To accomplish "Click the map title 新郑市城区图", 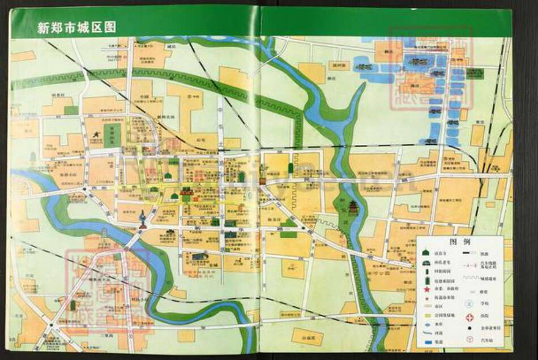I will pyautogui.click(x=76, y=27).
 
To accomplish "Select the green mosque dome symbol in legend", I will pyautogui.click(x=426, y=252).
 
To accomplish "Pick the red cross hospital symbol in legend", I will pyautogui.click(x=469, y=318).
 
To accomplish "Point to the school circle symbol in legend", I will pyautogui.click(x=469, y=304).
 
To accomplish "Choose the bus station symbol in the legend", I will pyautogui.click(x=469, y=339).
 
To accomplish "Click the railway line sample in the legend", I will pyautogui.click(x=469, y=252).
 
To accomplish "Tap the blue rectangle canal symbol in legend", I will pyautogui.click(x=428, y=342).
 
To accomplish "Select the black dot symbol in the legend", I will pyautogui.click(x=469, y=328).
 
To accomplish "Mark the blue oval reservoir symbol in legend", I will pyautogui.click(x=428, y=325).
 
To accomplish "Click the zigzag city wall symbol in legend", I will pyautogui.click(x=471, y=278).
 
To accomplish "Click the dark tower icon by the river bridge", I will pyautogui.click(x=142, y=218).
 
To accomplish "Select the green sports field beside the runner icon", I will pyautogui.click(x=112, y=135).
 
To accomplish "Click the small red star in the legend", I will pyautogui.click(x=427, y=298).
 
